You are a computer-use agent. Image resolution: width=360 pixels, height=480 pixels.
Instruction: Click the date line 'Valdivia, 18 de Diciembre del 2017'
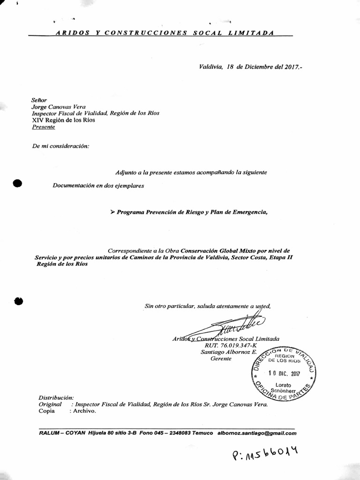(x=250, y=67)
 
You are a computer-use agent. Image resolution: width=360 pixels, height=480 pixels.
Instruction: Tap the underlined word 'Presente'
(x=43, y=127)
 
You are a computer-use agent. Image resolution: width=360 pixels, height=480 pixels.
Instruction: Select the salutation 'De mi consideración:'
(x=60, y=146)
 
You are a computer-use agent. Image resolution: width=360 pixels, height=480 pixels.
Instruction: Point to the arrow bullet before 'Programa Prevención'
(x=112, y=212)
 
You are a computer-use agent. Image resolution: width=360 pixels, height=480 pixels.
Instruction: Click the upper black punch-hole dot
(x=18, y=183)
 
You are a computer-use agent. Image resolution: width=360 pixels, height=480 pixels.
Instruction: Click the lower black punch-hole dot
(x=19, y=301)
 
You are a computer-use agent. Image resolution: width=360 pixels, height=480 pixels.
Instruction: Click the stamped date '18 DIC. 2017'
(x=284, y=374)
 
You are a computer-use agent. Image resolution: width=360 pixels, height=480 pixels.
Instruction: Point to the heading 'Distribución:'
(x=56, y=397)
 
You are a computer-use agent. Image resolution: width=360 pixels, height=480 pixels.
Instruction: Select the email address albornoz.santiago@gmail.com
(x=257, y=433)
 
